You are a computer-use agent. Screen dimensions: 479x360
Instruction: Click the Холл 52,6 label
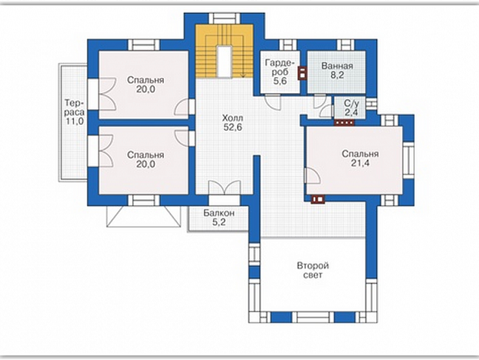pos(233,123)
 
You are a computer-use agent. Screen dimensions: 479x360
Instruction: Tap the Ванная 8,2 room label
pos(337,70)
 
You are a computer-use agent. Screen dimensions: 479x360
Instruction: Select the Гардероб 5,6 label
pos(280,72)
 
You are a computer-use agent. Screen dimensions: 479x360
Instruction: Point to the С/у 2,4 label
pos(351,107)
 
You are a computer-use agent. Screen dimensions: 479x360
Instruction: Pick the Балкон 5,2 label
pos(219,217)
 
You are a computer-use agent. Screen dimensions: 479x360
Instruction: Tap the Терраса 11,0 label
pos(75,112)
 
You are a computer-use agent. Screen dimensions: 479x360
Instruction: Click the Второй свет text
pos(313,270)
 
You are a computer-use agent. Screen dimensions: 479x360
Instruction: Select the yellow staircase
pos(224,51)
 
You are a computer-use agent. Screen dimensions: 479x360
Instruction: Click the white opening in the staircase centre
pos(224,62)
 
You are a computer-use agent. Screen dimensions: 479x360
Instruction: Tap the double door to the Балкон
pos(224,188)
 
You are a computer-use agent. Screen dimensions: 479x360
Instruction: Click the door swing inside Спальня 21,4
pos(312,176)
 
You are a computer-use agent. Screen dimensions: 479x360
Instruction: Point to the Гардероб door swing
pos(272,101)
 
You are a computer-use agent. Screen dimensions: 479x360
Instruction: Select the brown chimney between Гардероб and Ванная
pos(301,73)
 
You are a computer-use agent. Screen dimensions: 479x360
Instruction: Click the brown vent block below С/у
pos(345,123)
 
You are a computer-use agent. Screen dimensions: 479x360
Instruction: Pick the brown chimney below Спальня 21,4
pos(318,199)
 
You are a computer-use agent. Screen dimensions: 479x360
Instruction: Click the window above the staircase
pos(224,18)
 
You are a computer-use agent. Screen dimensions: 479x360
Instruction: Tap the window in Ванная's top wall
pos(345,45)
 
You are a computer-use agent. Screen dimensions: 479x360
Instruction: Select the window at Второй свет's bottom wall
pos(313,318)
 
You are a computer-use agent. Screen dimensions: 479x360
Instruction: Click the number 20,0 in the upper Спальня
pos(146,89)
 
